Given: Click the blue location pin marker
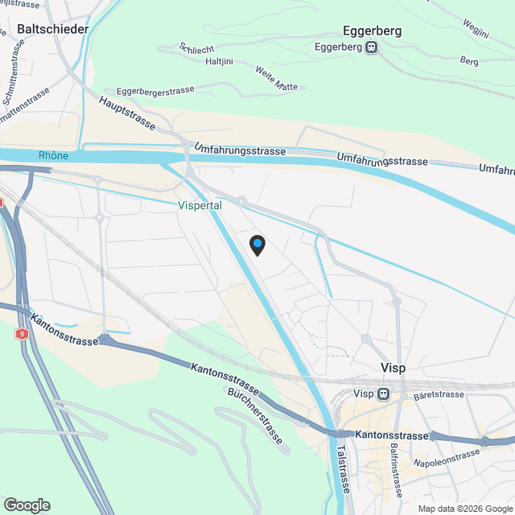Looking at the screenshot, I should (257, 245).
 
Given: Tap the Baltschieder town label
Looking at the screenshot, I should (52, 30).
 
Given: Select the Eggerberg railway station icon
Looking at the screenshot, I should (371, 47).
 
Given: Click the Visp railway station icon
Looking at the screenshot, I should (384, 394).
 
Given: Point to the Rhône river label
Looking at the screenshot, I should (53, 154).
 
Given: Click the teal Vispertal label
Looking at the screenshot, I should (200, 205).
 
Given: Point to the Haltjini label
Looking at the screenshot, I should (220, 60).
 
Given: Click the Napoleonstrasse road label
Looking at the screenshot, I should (446, 459).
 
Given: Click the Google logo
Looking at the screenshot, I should (26, 505).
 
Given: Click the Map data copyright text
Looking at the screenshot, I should (464, 508).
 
